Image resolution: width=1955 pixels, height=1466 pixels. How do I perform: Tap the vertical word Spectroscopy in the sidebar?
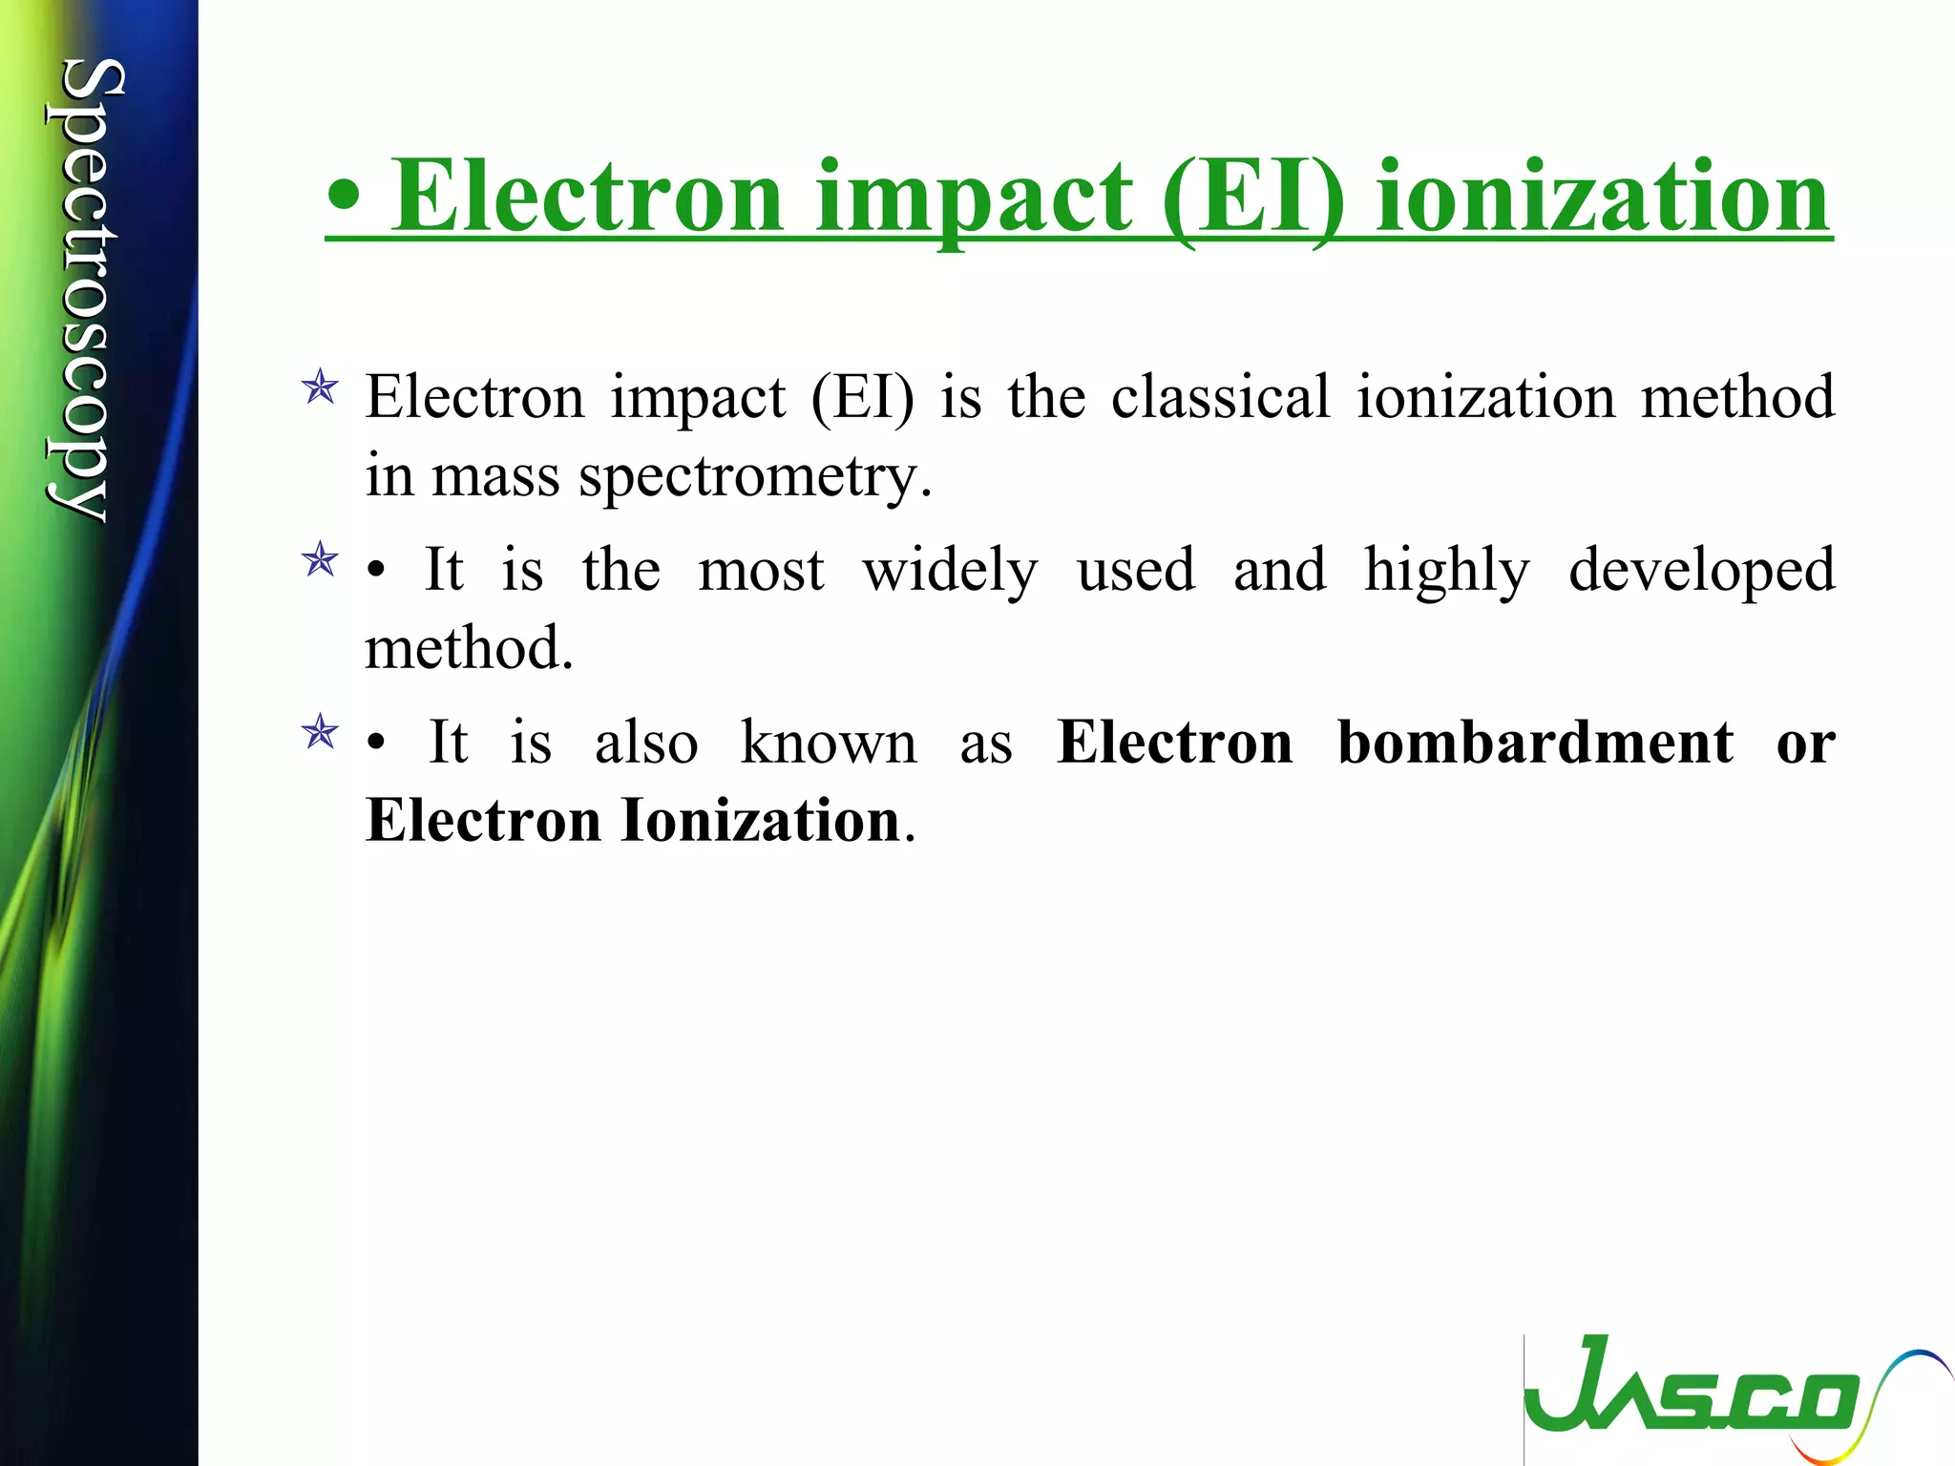[x=84, y=291]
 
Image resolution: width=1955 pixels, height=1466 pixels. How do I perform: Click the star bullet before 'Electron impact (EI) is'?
[x=320, y=388]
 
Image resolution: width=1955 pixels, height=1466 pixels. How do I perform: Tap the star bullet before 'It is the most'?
[x=320, y=560]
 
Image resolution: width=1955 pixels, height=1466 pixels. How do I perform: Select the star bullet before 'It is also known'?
[x=320, y=733]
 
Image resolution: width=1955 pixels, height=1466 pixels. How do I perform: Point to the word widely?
[x=950, y=571]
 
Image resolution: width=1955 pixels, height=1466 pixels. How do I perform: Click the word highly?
[x=1446, y=571]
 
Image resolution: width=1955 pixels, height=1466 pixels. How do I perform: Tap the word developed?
[x=1701, y=571]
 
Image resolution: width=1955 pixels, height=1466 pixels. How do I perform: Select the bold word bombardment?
[x=1535, y=743]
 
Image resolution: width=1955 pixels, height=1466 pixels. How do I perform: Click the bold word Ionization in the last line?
[x=761, y=821]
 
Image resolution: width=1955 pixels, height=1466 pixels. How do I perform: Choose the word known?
[x=829, y=743]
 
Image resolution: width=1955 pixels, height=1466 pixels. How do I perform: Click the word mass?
[x=495, y=476]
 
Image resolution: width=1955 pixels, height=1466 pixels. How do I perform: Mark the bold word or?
[x=1805, y=743]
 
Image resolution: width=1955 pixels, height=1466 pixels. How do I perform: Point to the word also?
[x=646, y=743]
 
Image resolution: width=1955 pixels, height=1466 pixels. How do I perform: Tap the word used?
[x=1136, y=571]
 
